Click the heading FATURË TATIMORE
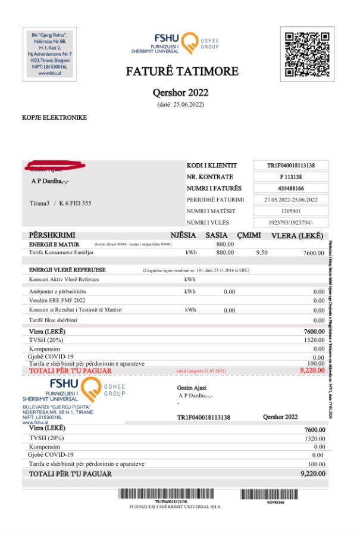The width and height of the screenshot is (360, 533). coord(182,72)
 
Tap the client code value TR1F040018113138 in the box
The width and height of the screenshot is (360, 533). coord(290,166)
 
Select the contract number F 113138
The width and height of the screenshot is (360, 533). coord(290,177)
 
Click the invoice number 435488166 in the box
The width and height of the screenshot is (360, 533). coord(290,188)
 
